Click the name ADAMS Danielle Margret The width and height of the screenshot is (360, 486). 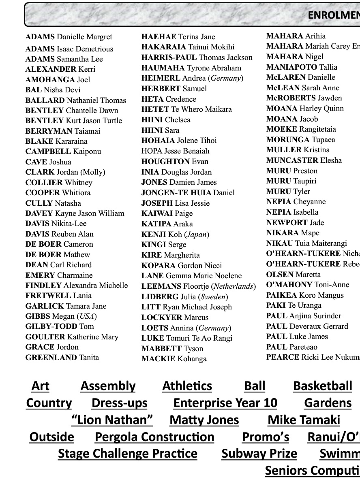(69, 37)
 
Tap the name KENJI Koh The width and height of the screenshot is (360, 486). (175, 234)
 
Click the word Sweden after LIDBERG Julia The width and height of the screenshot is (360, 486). (214, 297)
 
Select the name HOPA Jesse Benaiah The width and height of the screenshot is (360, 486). (175, 151)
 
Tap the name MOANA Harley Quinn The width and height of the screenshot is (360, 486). (304, 109)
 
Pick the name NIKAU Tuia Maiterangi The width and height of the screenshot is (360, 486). (306, 243)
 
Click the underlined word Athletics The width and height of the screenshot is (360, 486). (187, 386)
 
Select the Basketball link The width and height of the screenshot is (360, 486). (322, 386)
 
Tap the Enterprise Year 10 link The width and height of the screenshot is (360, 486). (225, 403)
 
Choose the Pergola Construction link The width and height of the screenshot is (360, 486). (154, 437)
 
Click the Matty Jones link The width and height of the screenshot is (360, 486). (204, 420)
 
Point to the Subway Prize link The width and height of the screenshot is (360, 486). (259, 454)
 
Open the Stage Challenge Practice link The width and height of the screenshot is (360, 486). (127, 454)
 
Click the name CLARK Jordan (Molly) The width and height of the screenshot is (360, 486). (65, 172)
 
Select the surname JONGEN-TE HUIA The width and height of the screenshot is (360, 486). (176, 193)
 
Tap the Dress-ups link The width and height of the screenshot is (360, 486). (119, 403)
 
